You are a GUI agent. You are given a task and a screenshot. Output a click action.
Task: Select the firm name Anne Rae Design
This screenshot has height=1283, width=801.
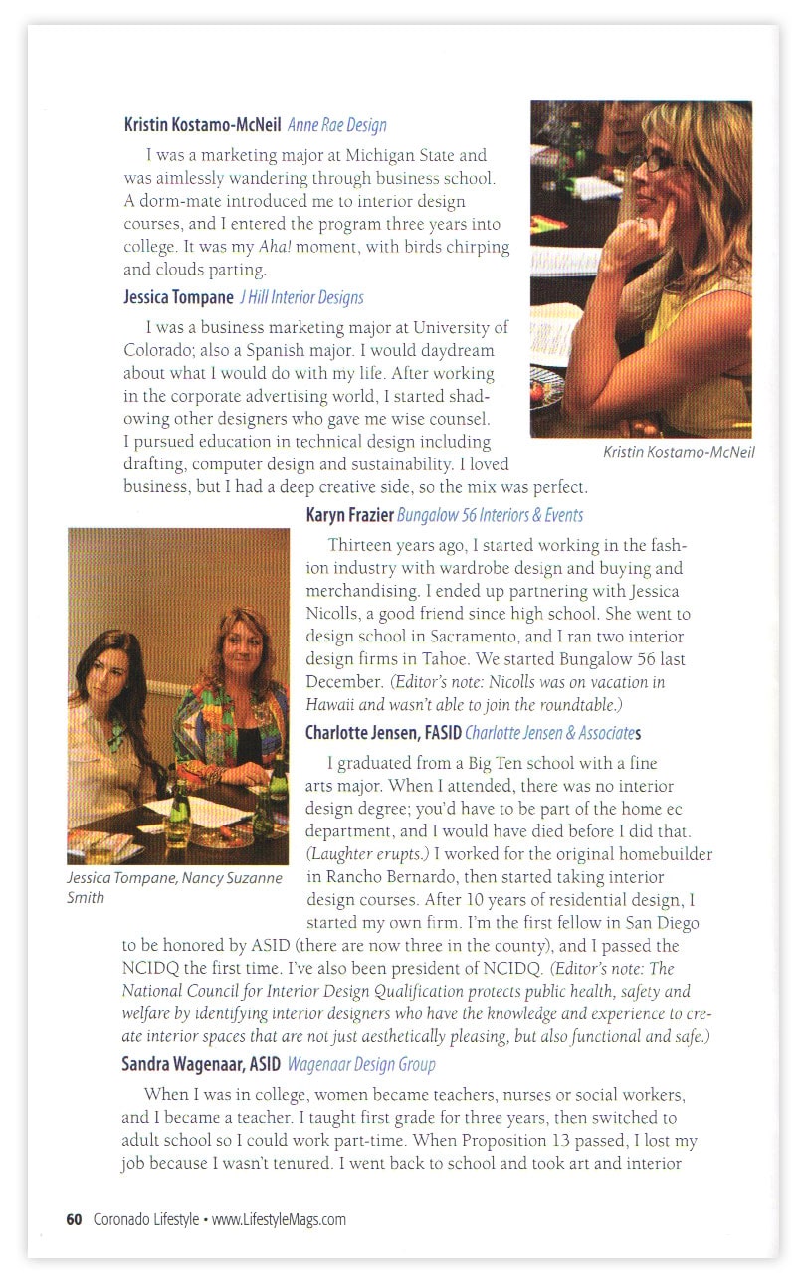(x=336, y=125)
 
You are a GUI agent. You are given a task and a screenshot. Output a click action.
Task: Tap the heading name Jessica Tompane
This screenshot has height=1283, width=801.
(x=177, y=297)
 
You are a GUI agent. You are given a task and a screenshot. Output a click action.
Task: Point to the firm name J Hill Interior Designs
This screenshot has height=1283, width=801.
(x=301, y=297)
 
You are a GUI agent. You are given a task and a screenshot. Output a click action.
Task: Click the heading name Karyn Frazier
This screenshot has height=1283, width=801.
(x=349, y=515)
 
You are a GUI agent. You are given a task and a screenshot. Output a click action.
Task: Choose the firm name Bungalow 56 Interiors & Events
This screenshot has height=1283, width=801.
(x=490, y=515)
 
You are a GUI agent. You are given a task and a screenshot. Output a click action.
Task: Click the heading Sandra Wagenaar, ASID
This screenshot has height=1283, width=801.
(x=201, y=1064)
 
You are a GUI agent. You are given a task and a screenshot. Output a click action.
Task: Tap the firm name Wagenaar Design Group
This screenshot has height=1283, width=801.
(x=361, y=1064)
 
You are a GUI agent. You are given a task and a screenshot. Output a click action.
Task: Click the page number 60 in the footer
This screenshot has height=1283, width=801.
(x=73, y=1219)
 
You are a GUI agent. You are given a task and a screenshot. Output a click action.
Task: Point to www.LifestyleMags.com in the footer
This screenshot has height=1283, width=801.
(x=279, y=1219)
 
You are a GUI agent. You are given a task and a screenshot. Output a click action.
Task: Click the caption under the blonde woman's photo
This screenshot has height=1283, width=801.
(x=679, y=452)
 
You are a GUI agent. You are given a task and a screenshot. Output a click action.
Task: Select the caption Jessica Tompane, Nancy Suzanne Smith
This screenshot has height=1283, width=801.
(x=174, y=887)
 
